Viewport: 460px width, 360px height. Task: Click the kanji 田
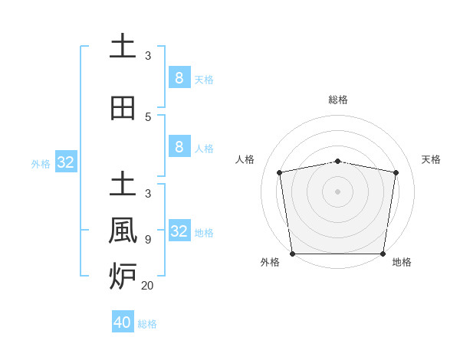click(123, 108)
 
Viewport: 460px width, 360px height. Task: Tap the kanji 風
click(123, 229)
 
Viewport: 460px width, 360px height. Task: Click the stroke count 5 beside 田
click(148, 117)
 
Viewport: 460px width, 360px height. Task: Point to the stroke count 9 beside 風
click(148, 240)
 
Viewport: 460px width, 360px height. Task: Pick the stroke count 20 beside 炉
click(147, 286)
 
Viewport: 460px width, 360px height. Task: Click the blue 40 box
click(123, 322)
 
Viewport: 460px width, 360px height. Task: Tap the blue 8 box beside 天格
click(179, 77)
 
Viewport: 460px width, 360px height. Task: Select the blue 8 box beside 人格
click(179, 147)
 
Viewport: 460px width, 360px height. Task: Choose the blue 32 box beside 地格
click(179, 231)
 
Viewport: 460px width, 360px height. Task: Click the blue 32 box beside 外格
click(66, 162)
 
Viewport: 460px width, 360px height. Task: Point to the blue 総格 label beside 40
click(148, 324)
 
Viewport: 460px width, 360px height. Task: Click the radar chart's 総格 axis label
click(338, 100)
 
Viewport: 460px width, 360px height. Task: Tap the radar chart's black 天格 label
click(431, 159)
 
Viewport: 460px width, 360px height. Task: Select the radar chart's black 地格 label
click(402, 262)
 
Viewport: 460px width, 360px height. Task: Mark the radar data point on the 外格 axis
click(292, 254)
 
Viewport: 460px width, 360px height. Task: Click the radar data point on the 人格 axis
click(280, 172)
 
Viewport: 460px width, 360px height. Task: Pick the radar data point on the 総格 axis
click(338, 161)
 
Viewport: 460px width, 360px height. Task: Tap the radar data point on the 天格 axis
click(396, 172)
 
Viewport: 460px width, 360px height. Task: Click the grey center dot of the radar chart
click(338, 191)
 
